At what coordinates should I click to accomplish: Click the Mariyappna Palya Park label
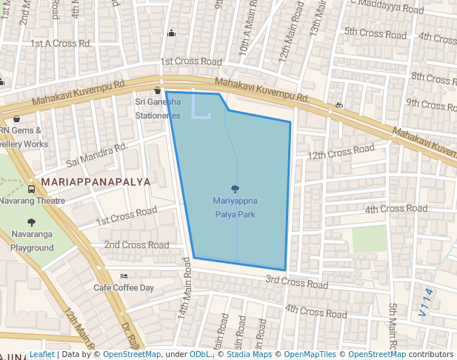tap(236, 207)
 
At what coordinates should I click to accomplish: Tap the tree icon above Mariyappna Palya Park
tap(236, 189)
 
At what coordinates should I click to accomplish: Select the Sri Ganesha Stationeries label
tap(157, 108)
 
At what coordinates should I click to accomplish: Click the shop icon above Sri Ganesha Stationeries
tap(157, 90)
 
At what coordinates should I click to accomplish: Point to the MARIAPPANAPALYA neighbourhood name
tap(96, 181)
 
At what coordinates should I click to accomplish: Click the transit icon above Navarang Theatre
tap(31, 188)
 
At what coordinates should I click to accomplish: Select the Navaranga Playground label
tap(32, 241)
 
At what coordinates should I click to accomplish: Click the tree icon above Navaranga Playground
tap(31, 221)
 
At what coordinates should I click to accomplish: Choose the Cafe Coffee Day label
tap(124, 287)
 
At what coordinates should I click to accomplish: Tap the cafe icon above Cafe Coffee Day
tap(124, 276)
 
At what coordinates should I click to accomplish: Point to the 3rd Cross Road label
tap(296, 282)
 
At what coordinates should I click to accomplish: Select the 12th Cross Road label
tap(341, 153)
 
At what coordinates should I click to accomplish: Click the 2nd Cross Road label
tap(136, 244)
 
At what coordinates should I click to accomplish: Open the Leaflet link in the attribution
tap(42, 355)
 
